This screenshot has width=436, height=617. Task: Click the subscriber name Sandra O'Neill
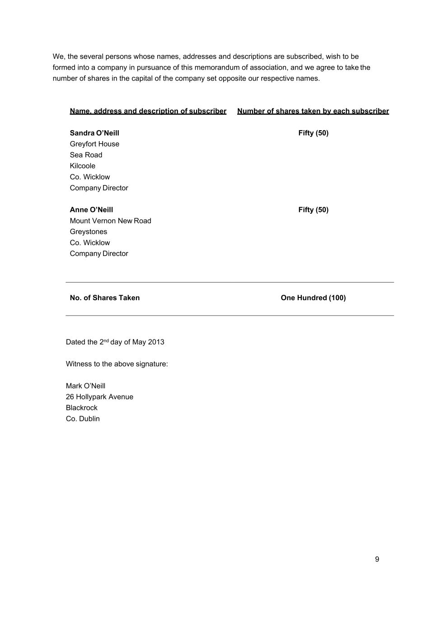tap(94, 133)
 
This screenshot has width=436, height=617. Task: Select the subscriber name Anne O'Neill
tap(91, 210)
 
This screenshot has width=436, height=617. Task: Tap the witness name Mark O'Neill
tap(85, 386)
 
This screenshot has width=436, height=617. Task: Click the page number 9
tap(377, 560)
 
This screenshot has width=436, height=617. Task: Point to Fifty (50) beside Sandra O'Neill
tap(313, 133)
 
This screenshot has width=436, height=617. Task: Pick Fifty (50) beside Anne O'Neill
tap(313, 210)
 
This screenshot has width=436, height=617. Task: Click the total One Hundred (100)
tap(313, 298)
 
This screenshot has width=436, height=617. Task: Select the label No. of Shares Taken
tap(105, 298)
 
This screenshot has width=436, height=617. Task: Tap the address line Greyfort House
tap(94, 144)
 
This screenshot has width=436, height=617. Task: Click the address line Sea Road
tap(86, 155)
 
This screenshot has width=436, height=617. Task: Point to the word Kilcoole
tap(83, 166)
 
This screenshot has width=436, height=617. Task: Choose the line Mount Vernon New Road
tap(110, 221)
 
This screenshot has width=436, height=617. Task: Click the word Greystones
tap(89, 232)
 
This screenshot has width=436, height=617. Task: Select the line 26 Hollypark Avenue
tap(99, 397)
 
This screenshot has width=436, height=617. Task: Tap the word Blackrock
tap(82, 408)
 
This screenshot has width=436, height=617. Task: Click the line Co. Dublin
tap(83, 419)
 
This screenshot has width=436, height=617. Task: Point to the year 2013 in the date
tap(156, 342)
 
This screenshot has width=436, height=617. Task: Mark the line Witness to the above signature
tap(117, 364)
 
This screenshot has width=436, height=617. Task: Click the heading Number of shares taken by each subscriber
tap(313, 111)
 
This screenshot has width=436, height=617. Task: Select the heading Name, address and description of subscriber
tap(148, 111)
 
